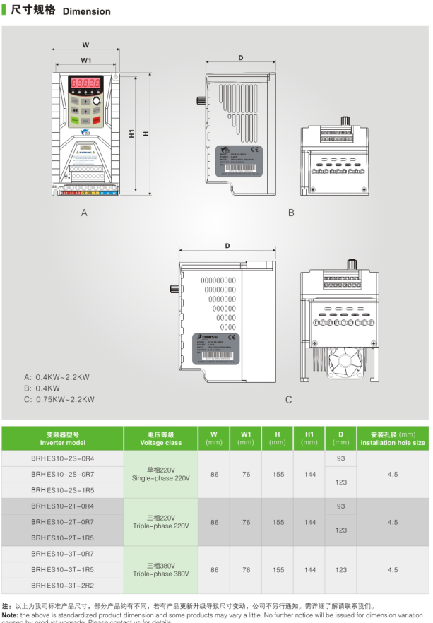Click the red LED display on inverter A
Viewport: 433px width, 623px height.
point(85,83)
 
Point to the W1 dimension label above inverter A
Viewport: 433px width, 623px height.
point(85,61)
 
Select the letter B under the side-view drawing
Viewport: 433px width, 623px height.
point(290,213)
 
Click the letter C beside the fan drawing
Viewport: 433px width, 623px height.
point(288,400)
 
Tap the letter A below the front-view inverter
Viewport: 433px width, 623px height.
point(84,213)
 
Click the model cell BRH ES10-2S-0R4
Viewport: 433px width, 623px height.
point(62,458)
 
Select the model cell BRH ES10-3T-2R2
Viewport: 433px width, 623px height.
point(62,586)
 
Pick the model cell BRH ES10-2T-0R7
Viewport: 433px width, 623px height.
point(62,522)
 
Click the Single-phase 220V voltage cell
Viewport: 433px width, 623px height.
point(161,474)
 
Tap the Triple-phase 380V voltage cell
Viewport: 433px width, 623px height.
point(161,569)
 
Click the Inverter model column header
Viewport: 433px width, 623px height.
point(62,439)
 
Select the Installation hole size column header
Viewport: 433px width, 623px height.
point(393,439)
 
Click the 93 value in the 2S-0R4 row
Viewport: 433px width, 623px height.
point(340,458)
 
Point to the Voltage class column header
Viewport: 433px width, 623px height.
point(161,439)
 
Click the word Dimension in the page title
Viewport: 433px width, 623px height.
point(86,11)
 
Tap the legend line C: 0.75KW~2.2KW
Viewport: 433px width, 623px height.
point(59,399)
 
